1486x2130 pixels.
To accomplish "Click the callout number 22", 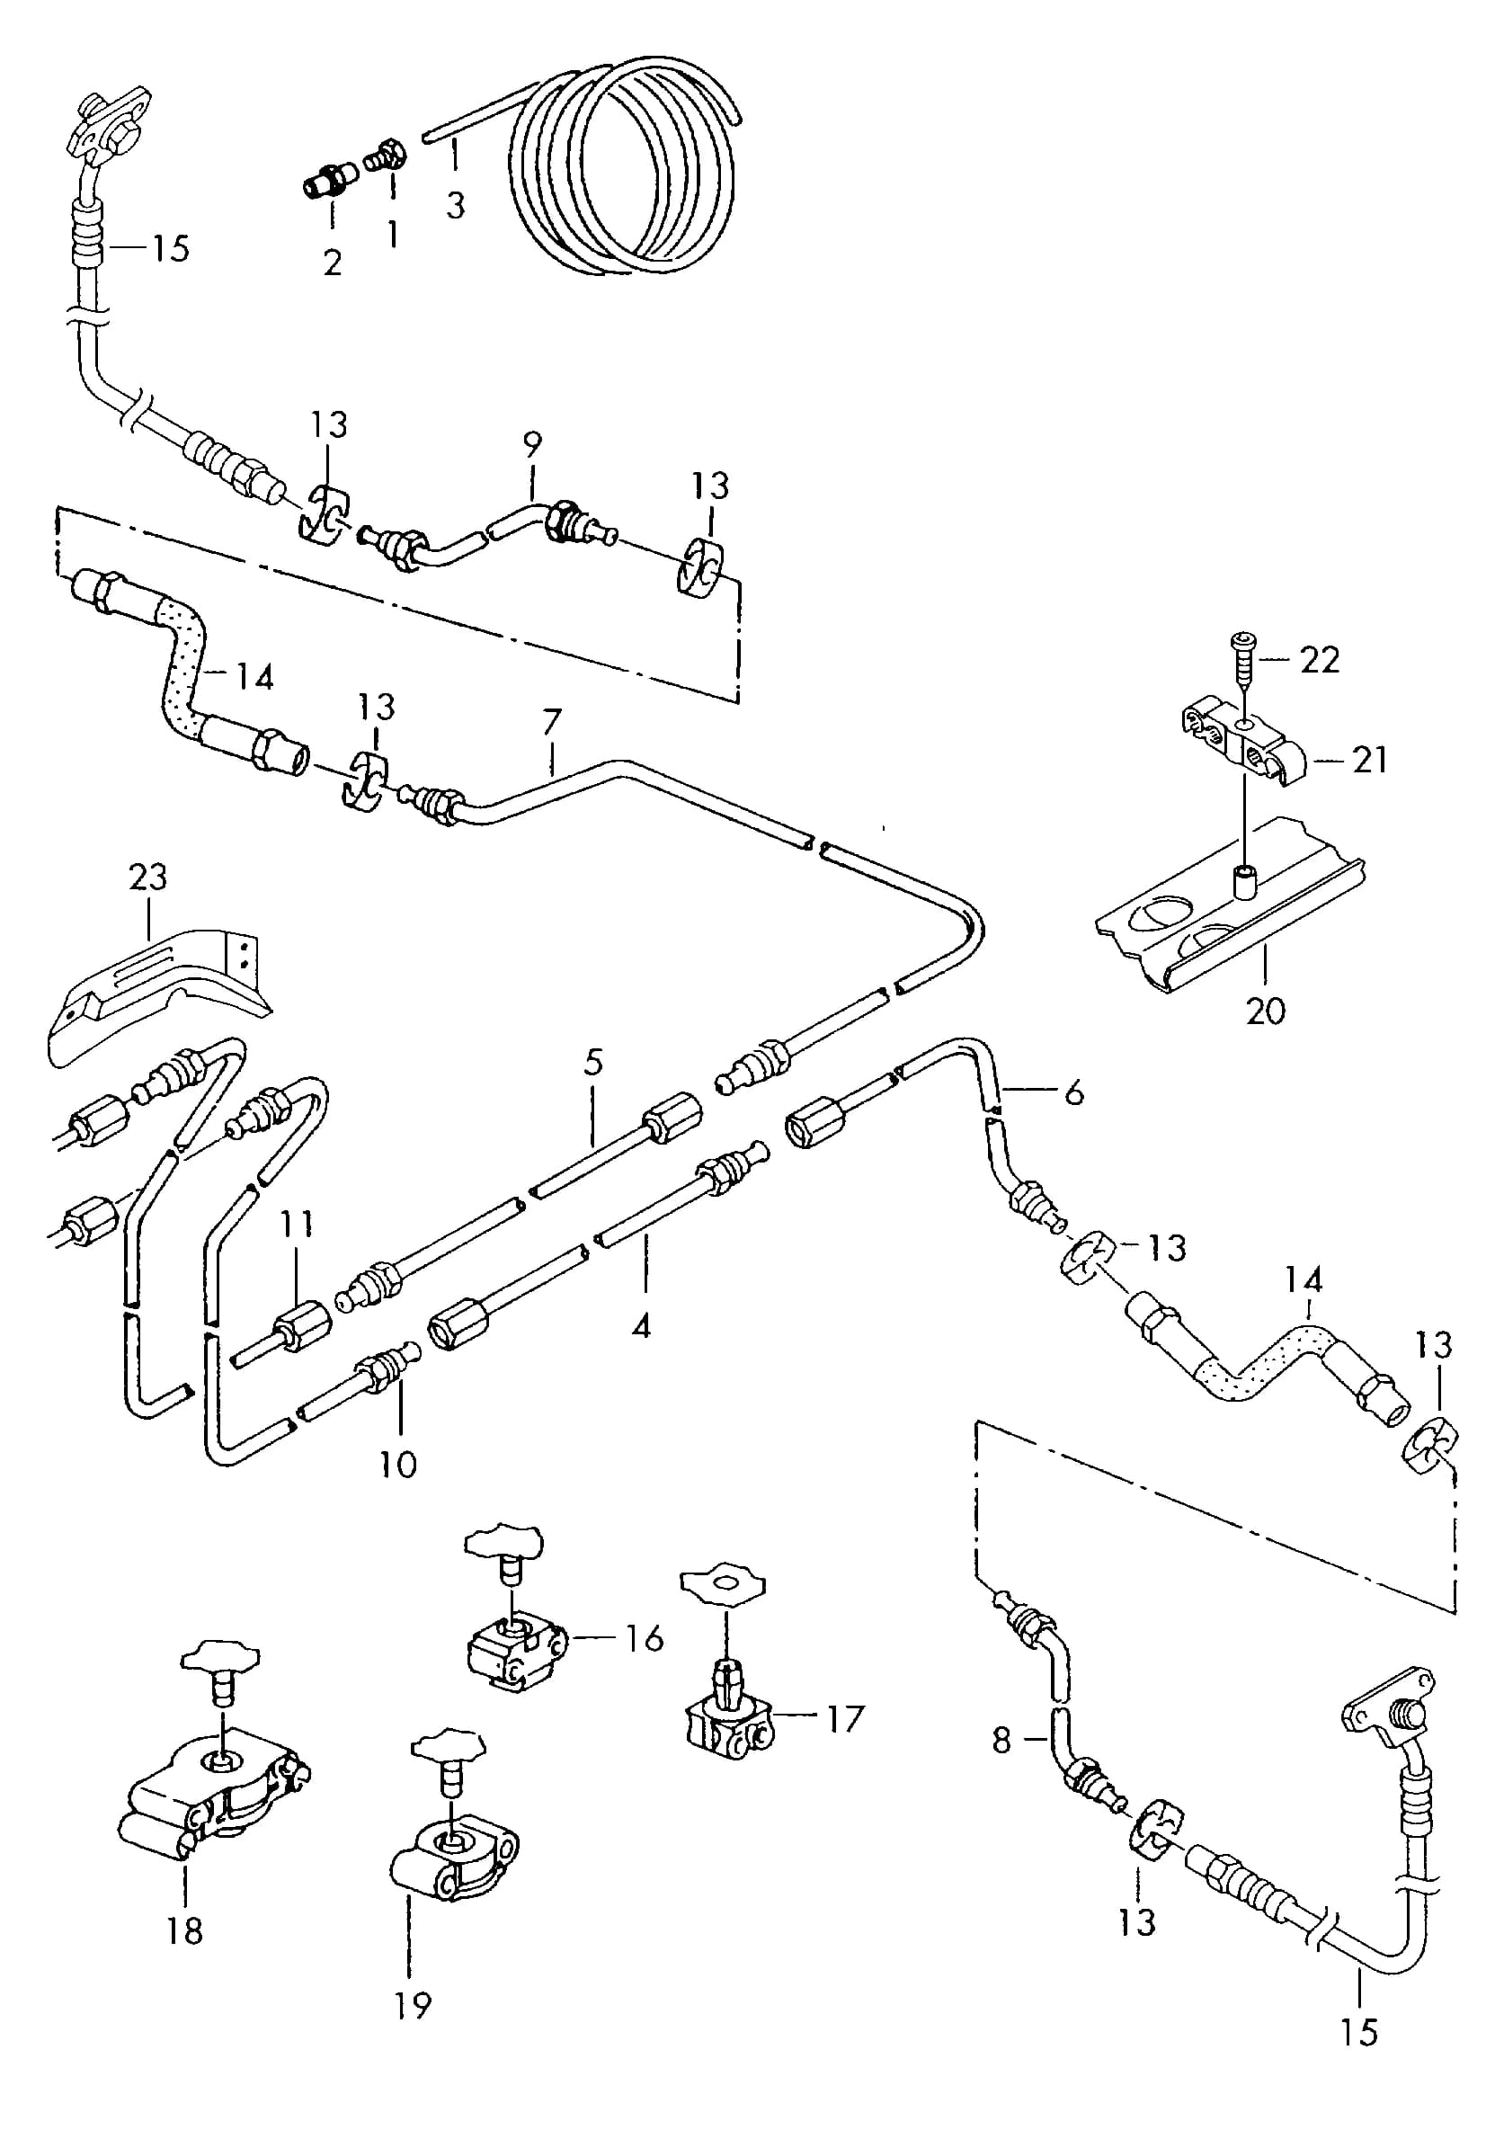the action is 1319,660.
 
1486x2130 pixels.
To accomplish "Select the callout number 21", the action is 1370,760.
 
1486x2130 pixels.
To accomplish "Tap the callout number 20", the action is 1265,1011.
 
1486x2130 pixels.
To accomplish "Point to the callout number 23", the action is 148,876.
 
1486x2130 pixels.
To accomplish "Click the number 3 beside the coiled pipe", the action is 455,205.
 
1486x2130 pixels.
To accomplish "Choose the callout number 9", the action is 531,444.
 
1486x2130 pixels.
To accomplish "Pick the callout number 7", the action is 552,722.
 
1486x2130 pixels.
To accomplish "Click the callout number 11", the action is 297,1224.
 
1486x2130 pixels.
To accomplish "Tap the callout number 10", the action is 398,1465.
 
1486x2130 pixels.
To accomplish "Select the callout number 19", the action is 413,2006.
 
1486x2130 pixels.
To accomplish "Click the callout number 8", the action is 1001,1741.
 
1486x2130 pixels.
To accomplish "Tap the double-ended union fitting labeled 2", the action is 331,178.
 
